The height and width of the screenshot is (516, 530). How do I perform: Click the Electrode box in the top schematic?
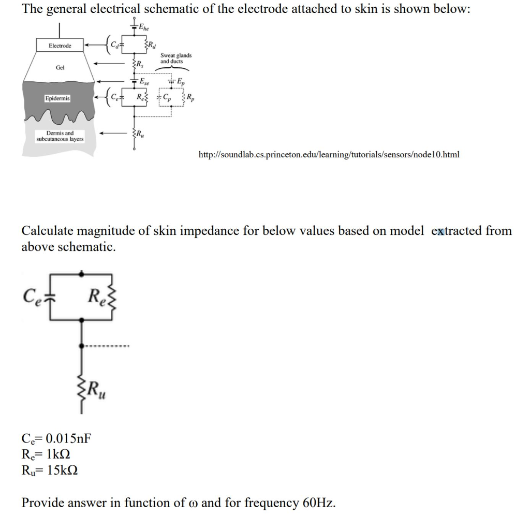[x=60, y=46]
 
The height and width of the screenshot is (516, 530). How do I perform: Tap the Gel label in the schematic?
[x=60, y=68]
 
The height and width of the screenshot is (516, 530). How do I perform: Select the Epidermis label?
[x=57, y=98]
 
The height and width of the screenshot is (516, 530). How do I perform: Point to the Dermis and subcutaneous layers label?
[x=60, y=136]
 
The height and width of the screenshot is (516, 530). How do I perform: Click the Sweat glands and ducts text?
[x=175, y=58]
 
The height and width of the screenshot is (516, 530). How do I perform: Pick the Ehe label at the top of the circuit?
[x=143, y=27]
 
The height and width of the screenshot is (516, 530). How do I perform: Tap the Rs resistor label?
[x=139, y=65]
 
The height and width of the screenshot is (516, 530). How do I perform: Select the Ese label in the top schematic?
[x=145, y=82]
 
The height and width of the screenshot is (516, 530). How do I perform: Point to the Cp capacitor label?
[x=167, y=97]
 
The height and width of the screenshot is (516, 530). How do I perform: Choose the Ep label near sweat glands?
[x=180, y=82]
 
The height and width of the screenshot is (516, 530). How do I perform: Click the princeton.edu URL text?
[x=329, y=155]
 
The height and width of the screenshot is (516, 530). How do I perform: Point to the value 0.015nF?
[x=68, y=439]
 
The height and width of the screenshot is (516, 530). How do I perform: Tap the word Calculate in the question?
[x=48, y=231]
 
